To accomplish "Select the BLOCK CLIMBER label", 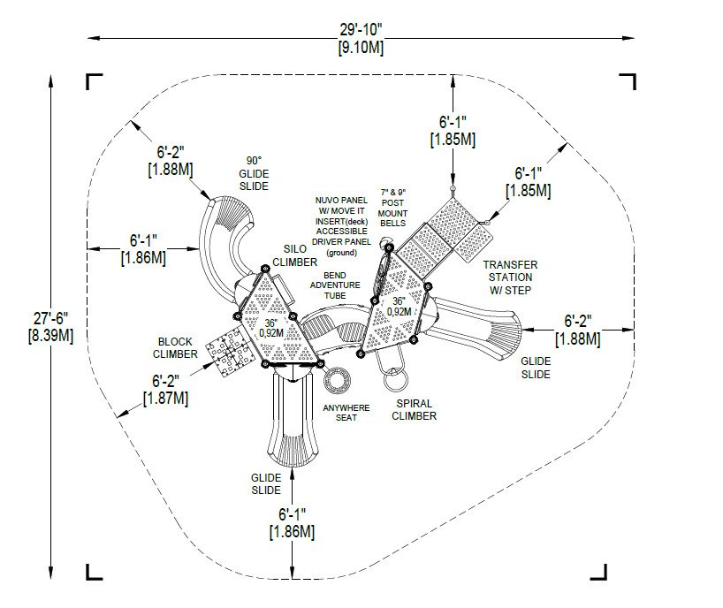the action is click(175, 348).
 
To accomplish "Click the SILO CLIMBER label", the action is click(294, 255).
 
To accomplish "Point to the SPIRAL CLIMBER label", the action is click(414, 410).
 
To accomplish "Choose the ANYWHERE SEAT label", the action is click(346, 413).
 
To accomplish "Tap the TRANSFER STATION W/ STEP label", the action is click(511, 277).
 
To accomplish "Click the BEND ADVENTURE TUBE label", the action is click(335, 285).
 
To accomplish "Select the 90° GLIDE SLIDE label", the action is click(254, 173).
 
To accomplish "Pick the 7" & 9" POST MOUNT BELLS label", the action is click(392, 208).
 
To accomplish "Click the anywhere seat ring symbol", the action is click(337, 380).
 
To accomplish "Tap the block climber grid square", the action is click(230, 352).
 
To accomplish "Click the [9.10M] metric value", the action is click(361, 47).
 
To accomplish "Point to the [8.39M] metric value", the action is click(50, 335).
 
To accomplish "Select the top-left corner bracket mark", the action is click(94, 81).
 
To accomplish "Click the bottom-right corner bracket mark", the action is click(598, 572).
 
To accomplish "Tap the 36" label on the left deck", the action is click(271, 323).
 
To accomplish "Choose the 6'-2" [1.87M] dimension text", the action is click(165, 390).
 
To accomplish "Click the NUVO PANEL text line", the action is click(341, 200).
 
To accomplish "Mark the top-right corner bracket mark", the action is click(628, 81).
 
